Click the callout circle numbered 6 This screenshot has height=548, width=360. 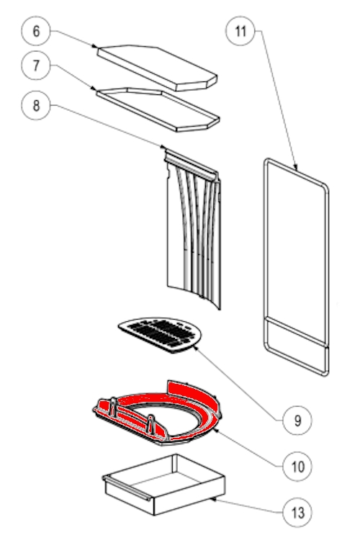pos(36,31)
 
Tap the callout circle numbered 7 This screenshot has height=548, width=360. pos(36,66)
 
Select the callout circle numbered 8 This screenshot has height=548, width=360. pos(36,106)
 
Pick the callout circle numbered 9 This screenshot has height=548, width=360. pos(297,421)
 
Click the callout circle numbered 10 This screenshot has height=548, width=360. pos(297,467)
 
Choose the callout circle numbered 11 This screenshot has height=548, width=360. pos(240,31)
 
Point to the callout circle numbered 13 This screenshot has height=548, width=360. pos(297,513)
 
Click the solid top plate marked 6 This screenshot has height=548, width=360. pos(157,68)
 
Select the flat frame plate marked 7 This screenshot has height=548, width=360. pos(158,109)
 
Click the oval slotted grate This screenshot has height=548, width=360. pos(161,334)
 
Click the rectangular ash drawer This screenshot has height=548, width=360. pos(163,485)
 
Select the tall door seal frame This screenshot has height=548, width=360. pos(297,266)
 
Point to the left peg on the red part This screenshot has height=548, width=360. pos(113,406)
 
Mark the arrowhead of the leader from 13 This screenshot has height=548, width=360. pos(212,499)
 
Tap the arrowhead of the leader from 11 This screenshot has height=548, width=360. pos(296,168)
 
